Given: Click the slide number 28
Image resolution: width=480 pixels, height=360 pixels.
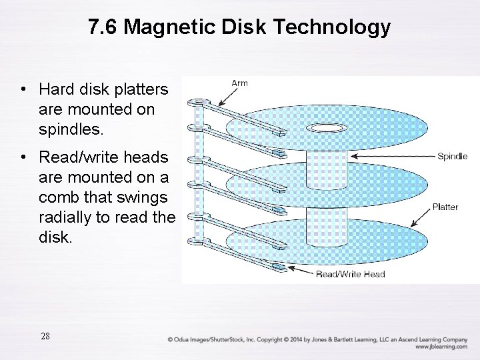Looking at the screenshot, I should click(45, 336).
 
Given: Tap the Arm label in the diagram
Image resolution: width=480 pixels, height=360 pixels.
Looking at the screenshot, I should click(239, 83).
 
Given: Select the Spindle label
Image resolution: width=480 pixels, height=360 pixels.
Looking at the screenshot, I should click(452, 157).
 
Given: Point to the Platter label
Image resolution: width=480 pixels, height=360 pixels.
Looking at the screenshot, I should click(445, 207).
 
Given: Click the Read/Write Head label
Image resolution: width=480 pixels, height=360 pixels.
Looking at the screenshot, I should click(350, 274).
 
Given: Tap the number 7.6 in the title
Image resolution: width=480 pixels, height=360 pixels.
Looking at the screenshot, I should click(103, 27).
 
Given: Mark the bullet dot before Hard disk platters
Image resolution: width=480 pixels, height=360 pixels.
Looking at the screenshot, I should click(23, 90).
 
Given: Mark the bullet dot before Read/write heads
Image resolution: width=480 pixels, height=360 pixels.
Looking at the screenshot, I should click(23, 158).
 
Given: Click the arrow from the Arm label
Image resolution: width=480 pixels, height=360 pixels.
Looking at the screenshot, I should click(221, 97).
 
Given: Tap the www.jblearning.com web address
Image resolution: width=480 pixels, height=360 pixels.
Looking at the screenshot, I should click(441, 347).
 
